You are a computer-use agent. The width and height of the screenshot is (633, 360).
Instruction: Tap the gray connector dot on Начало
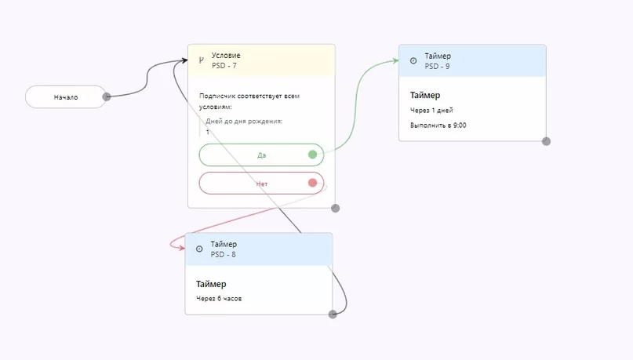(x=107, y=96)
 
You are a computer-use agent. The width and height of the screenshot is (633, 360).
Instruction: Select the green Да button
(x=261, y=155)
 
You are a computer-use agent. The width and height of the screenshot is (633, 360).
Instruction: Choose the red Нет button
(x=261, y=184)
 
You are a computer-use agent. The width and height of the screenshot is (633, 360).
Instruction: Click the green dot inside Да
(x=312, y=155)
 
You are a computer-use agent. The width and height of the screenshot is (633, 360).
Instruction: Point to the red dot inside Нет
(x=312, y=183)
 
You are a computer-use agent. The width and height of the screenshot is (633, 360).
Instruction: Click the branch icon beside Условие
(x=201, y=60)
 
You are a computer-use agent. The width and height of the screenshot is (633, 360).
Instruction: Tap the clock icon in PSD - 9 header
(x=413, y=60)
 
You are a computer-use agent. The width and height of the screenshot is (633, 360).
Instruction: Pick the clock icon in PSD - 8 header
(x=199, y=249)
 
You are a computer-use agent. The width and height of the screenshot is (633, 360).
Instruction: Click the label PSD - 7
(x=224, y=65)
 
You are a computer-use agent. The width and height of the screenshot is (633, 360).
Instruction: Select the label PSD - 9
(x=437, y=66)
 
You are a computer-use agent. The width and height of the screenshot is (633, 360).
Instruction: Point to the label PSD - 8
(x=223, y=254)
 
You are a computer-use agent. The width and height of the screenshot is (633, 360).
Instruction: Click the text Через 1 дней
(x=431, y=110)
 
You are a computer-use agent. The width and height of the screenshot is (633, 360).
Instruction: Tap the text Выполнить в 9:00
(x=438, y=125)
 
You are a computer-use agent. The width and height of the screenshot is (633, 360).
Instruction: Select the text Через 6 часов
(x=219, y=299)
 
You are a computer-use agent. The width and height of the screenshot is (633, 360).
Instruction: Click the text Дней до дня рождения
(x=244, y=121)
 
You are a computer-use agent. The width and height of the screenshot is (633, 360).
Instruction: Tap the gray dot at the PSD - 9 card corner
(x=546, y=141)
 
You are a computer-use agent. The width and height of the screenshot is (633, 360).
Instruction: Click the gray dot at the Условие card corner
(x=335, y=209)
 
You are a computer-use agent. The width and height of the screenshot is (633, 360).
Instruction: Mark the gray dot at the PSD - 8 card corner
(x=333, y=315)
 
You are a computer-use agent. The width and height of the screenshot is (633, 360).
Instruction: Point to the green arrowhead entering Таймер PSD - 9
(x=395, y=61)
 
